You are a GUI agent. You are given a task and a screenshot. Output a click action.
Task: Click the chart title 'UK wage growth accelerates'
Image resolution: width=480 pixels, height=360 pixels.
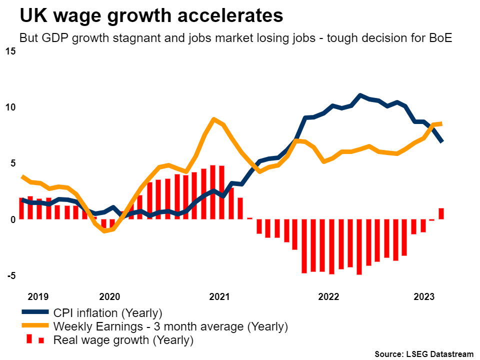click(151, 15)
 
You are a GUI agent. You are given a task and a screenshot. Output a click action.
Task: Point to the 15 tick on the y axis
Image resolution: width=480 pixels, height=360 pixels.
click(11, 51)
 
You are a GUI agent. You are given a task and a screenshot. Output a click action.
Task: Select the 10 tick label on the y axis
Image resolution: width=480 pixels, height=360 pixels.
click(11, 107)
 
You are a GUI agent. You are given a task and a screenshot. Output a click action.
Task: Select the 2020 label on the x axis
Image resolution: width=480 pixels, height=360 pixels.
click(110, 296)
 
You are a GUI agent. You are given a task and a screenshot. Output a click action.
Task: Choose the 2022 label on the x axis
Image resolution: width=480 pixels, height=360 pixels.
click(328, 296)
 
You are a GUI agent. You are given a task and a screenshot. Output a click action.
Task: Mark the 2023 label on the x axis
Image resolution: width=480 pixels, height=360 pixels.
click(424, 296)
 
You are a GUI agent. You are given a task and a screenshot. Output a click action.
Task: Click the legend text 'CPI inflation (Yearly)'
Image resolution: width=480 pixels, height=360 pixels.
click(108, 313)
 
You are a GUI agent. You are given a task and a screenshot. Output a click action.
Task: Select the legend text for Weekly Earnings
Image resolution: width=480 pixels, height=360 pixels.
click(170, 327)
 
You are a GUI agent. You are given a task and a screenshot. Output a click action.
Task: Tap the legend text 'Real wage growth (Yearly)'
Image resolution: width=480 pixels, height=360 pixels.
click(123, 340)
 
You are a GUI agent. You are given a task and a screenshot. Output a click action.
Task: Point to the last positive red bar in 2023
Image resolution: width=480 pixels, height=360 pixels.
click(441, 213)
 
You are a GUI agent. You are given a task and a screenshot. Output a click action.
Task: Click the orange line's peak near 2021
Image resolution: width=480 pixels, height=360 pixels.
click(214, 119)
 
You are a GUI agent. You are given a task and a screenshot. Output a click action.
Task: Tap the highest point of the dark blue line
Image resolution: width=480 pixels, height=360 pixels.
click(360, 95)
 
